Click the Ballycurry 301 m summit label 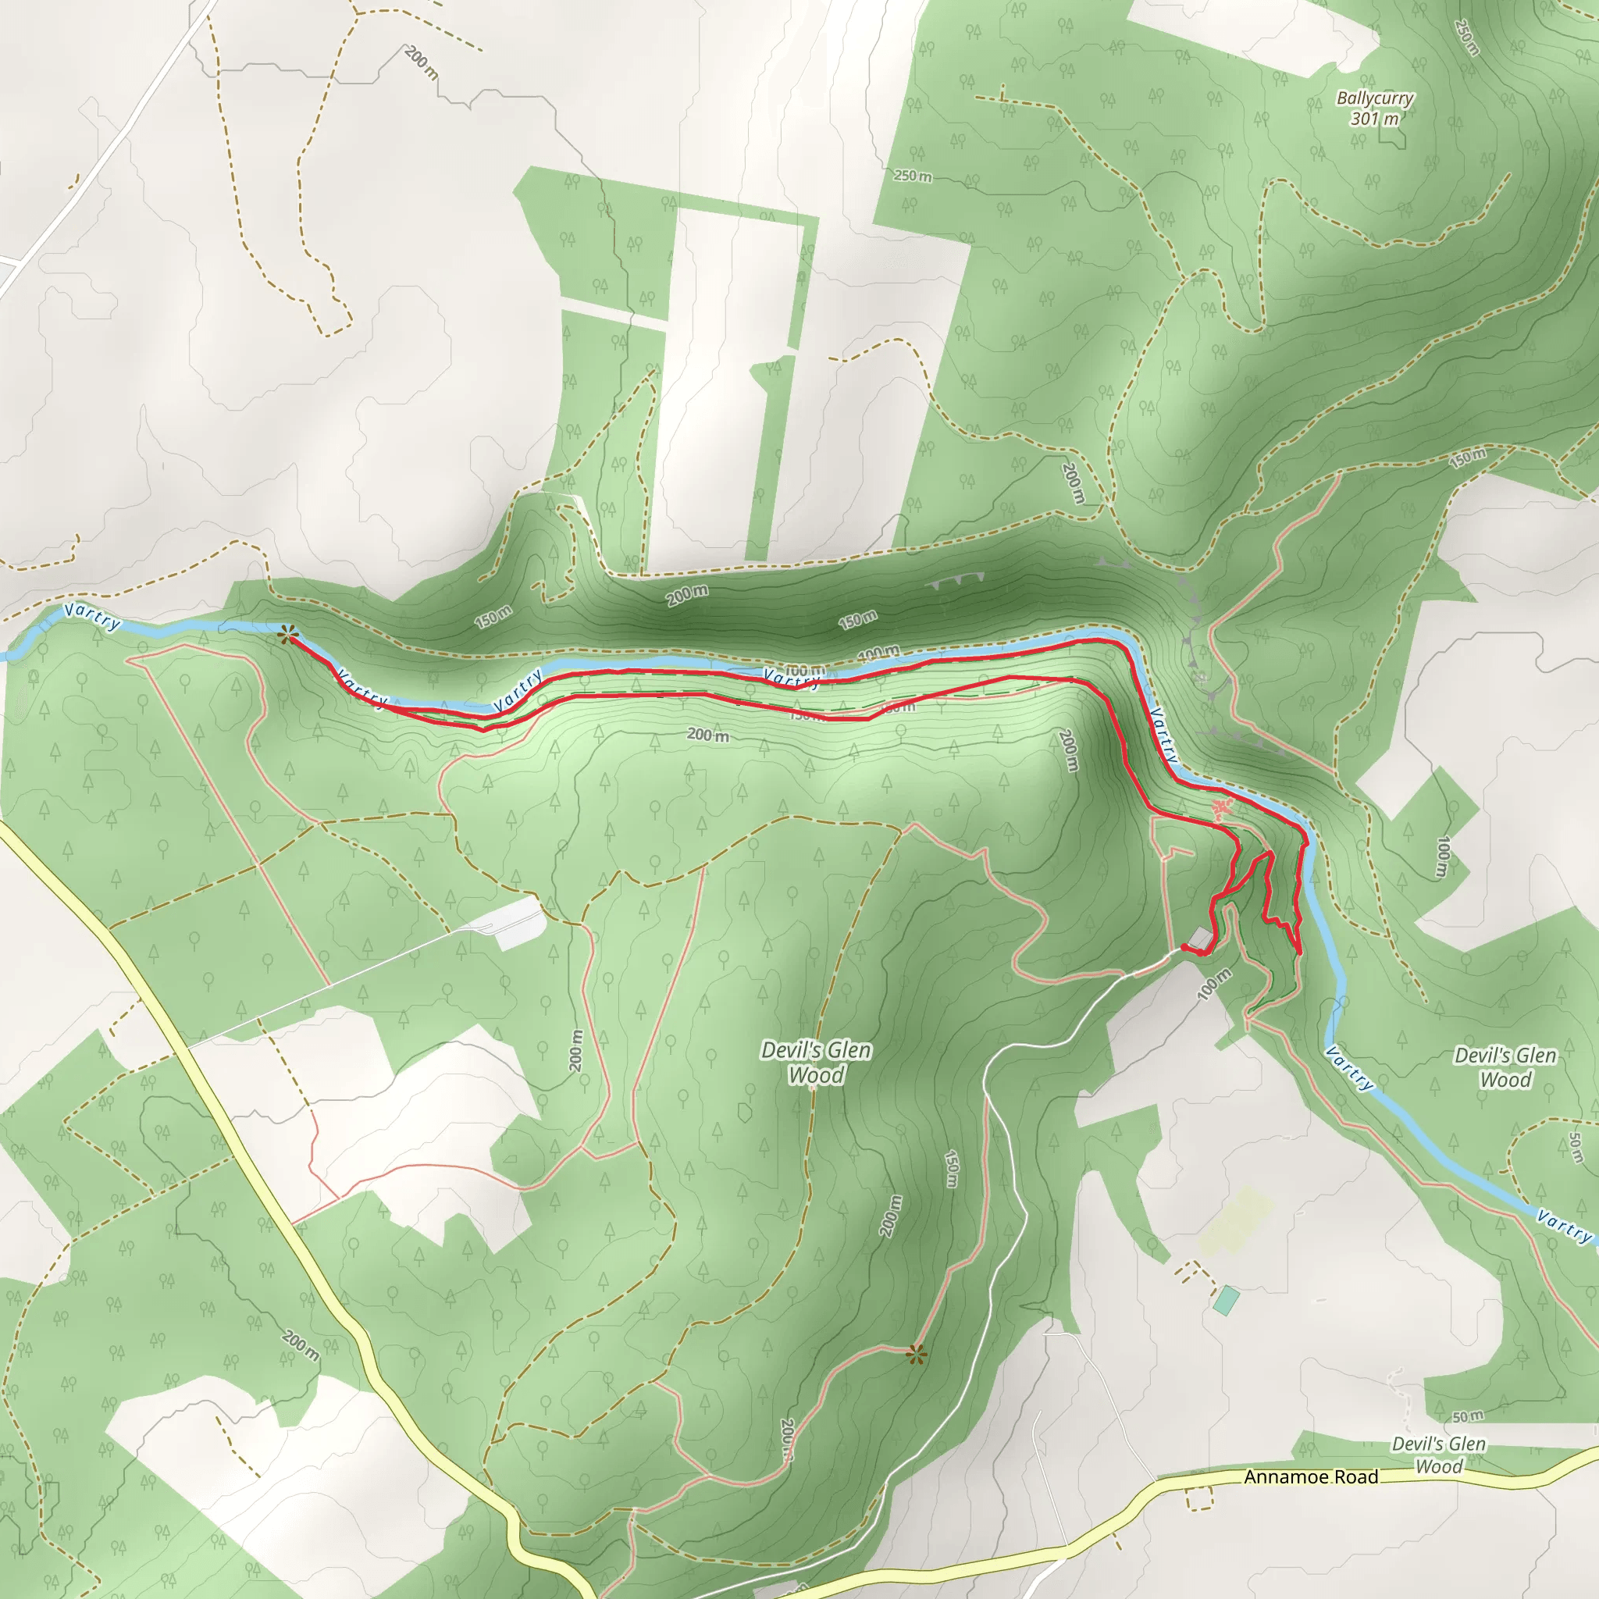tap(1375, 109)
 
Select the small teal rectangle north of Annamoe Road tap(1227, 1300)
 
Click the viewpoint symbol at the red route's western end tap(287, 635)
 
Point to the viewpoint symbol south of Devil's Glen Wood tap(914, 1355)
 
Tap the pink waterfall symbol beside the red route tap(1221, 809)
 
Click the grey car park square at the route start tap(1199, 938)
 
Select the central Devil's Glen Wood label tap(816, 1062)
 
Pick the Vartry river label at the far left tap(93, 617)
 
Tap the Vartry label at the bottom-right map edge tap(1563, 1227)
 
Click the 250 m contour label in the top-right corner tap(1465, 37)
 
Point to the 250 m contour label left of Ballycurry tap(912, 176)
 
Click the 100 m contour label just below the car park tap(1214, 985)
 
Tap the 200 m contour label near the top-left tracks tap(422, 62)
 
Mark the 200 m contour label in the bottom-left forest tap(300, 1346)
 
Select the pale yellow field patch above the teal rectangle tap(1235, 1222)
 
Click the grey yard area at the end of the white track tap(519, 923)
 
